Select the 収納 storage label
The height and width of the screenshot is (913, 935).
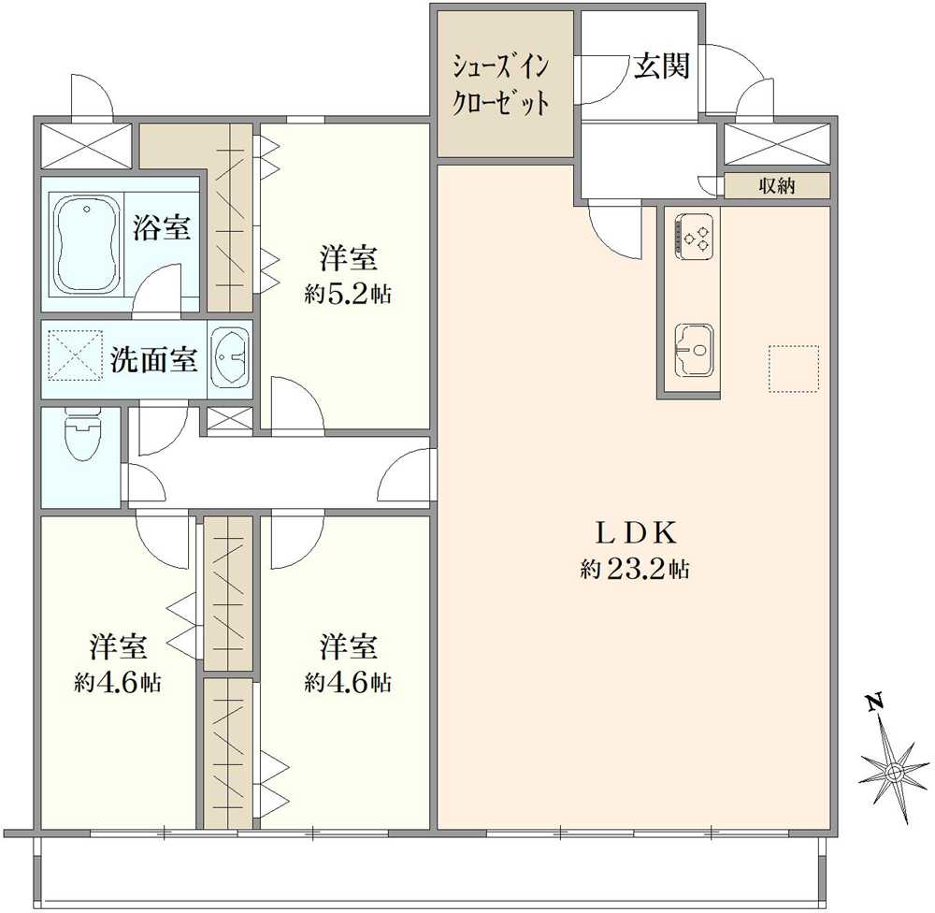(x=776, y=185)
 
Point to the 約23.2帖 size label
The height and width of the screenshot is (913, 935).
(x=635, y=570)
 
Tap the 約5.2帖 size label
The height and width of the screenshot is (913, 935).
(x=347, y=294)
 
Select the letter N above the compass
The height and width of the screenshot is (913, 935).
(x=873, y=703)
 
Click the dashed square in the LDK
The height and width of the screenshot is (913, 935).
(x=793, y=369)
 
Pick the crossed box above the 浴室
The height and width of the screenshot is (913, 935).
(x=86, y=146)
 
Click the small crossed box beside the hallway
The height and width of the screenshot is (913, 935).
(x=228, y=420)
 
